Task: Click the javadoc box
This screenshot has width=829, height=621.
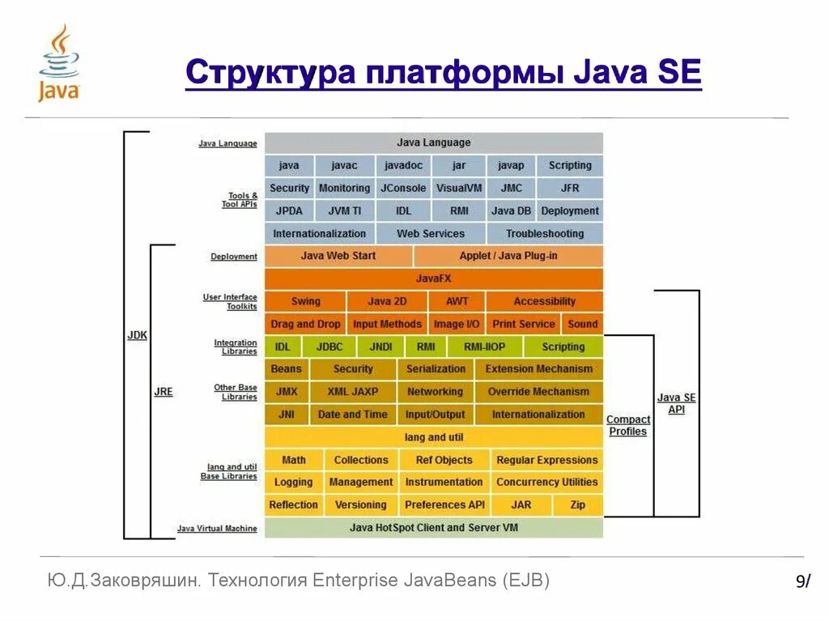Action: (x=403, y=165)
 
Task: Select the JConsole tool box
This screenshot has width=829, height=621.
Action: (x=403, y=188)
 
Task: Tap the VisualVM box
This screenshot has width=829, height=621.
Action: (x=459, y=188)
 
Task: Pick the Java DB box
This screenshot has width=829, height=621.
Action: (x=511, y=211)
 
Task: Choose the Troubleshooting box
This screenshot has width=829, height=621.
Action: (x=545, y=233)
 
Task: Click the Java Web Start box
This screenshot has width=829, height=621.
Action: (x=338, y=256)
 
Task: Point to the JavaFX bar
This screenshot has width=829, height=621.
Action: (x=434, y=279)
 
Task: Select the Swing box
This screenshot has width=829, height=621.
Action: (x=305, y=301)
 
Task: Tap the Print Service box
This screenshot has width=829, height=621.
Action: (x=524, y=324)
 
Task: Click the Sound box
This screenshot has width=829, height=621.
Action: (x=583, y=324)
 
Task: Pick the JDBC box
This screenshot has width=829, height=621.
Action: (x=329, y=347)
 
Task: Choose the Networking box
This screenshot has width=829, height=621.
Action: (x=435, y=392)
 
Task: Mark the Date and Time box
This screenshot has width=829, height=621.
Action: (x=353, y=415)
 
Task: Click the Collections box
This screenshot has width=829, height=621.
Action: (x=361, y=460)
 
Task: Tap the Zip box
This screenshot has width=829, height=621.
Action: (x=577, y=504)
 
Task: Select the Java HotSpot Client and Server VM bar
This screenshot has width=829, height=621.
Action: (x=434, y=527)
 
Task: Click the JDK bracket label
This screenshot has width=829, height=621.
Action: (x=138, y=335)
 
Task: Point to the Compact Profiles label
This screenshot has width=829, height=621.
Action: (x=628, y=425)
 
